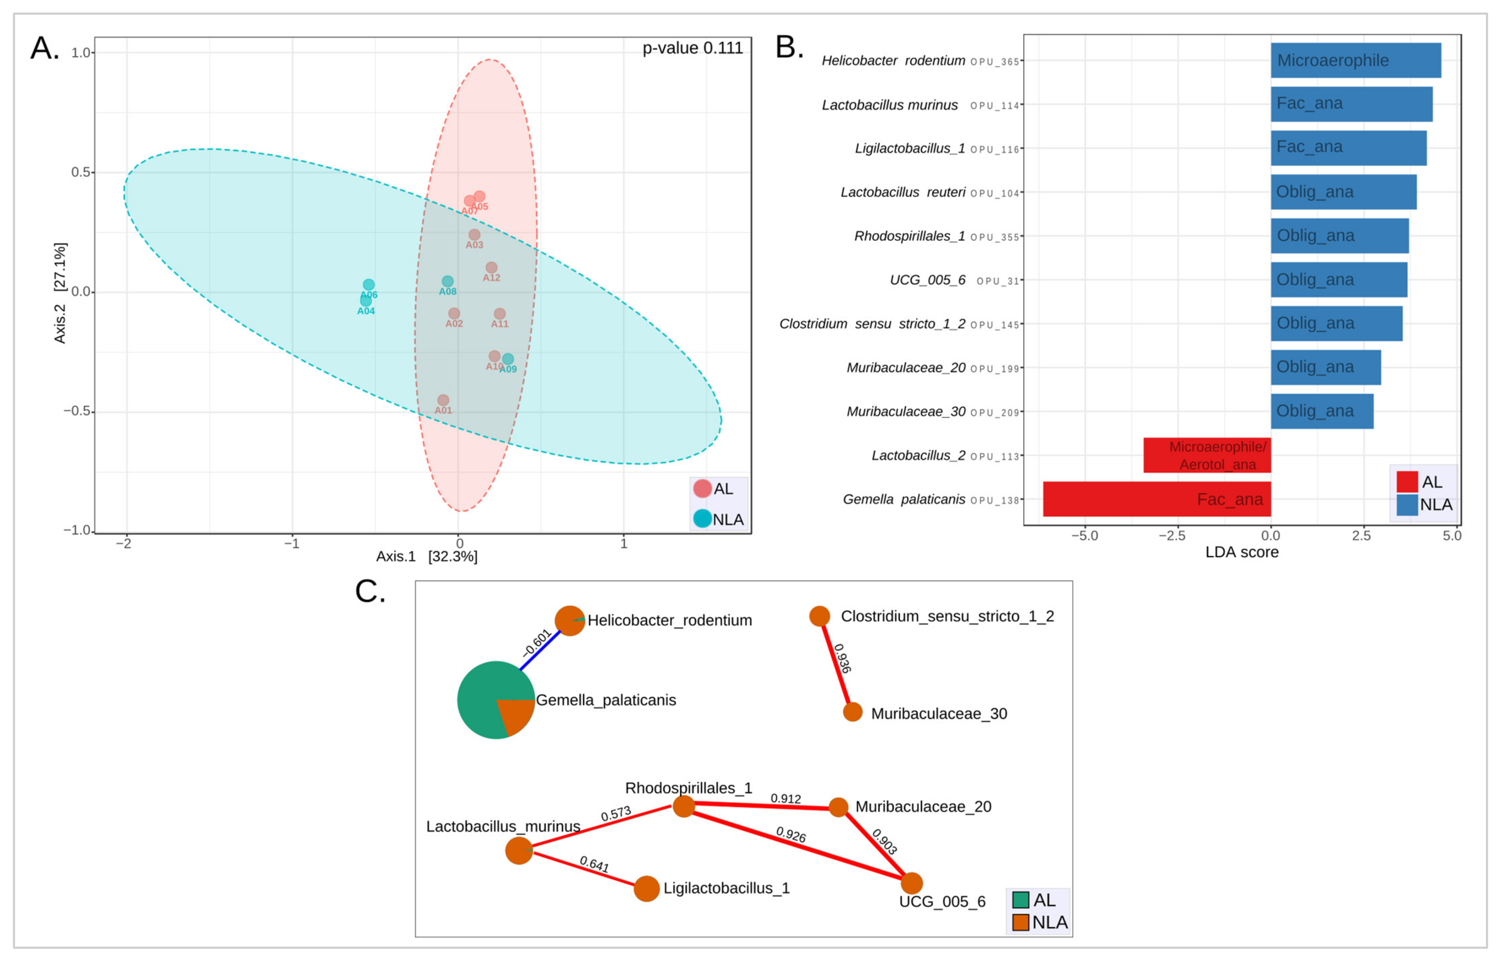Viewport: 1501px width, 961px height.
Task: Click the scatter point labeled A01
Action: (x=442, y=400)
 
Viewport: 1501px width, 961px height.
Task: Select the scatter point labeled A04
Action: (x=366, y=301)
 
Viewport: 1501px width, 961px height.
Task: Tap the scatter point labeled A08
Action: (x=447, y=281)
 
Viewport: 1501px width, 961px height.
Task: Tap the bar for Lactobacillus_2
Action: (x=1206, y=455)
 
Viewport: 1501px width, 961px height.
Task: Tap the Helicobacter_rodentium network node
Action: (x=569, y=621)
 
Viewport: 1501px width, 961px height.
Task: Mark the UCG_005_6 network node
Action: (x=911, y=883)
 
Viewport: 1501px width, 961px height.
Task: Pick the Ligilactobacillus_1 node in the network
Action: (x=646, y=889)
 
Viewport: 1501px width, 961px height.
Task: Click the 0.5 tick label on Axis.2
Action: (x=80, y=172)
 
